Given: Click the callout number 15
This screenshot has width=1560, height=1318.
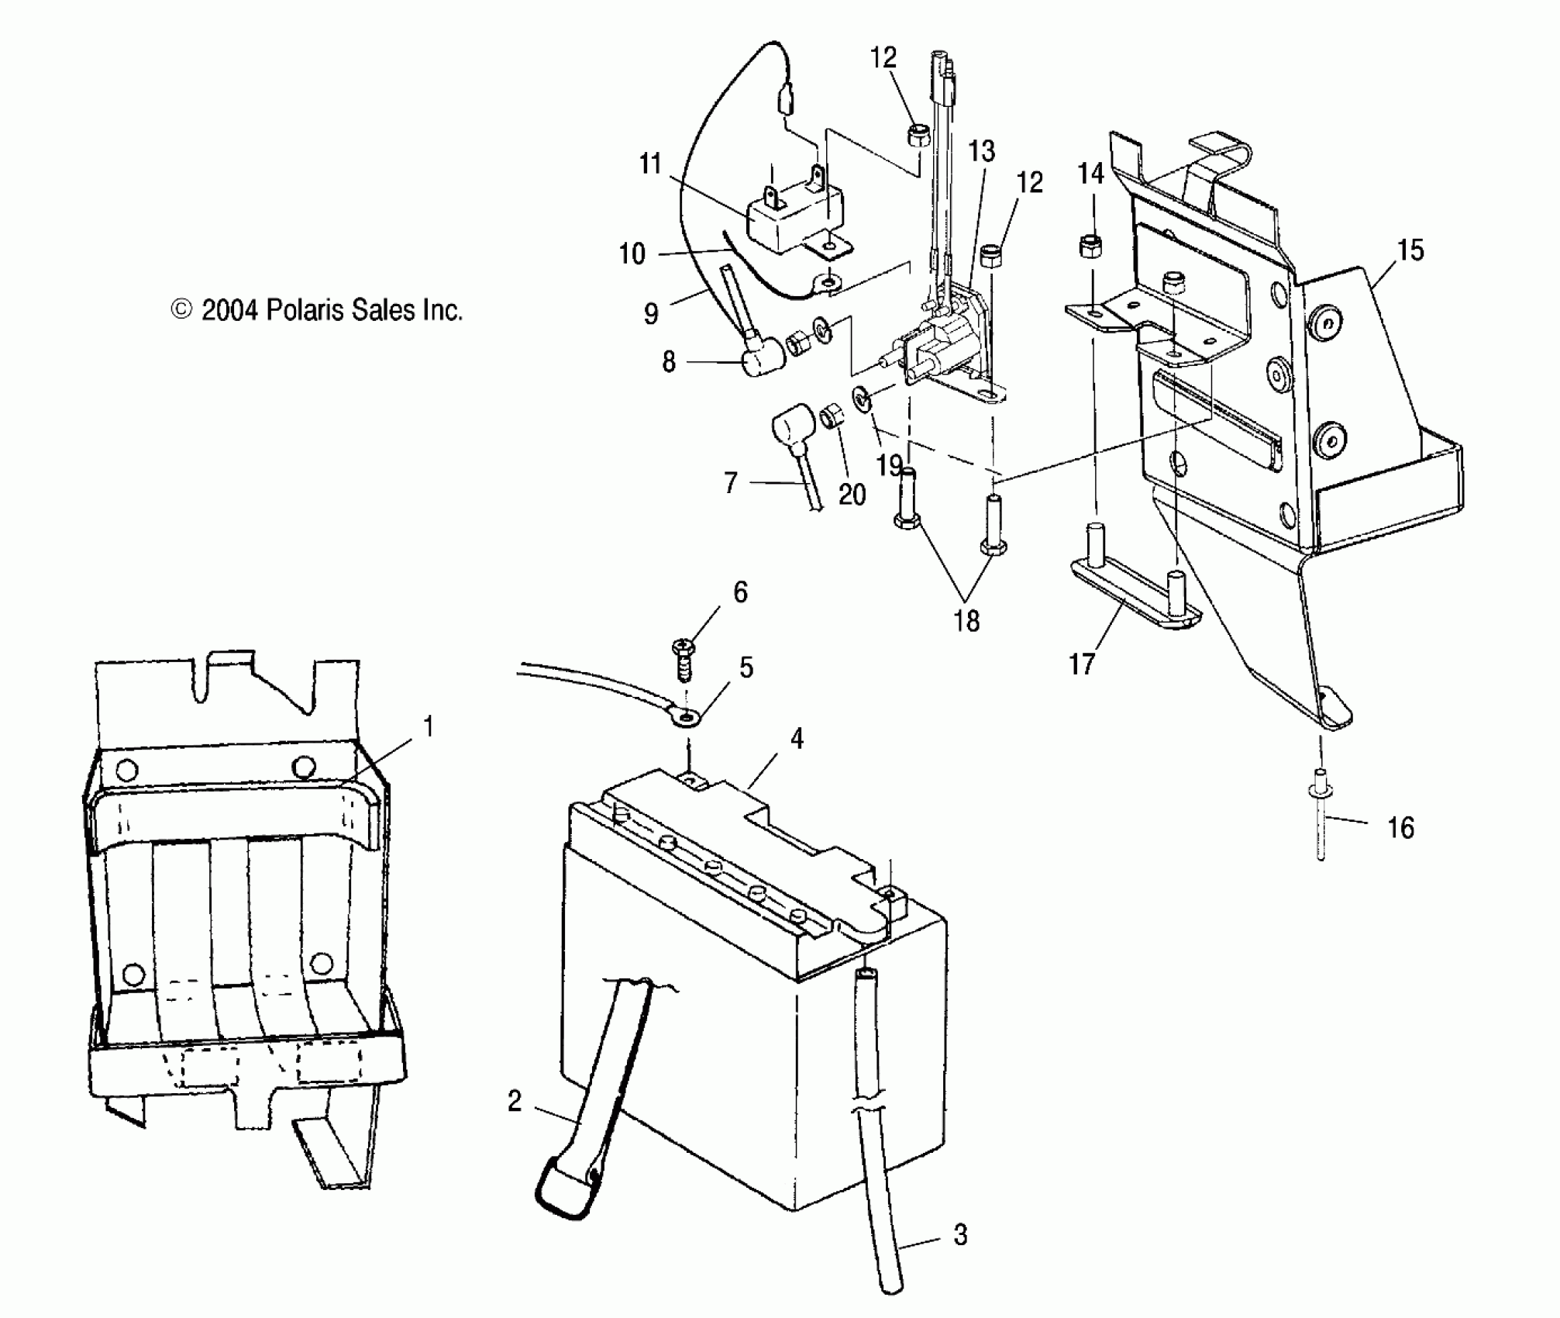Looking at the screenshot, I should [1410, 250].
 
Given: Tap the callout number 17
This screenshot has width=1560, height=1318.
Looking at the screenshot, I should [1082, 664].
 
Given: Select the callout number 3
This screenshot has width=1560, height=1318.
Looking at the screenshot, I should [960, 1234].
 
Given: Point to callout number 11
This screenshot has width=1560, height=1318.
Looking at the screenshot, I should [650, 164].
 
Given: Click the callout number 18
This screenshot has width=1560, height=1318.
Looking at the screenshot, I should [966, 620].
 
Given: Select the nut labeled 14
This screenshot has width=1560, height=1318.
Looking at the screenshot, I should [1091, 247].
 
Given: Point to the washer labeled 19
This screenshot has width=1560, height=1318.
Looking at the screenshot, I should [863, 399].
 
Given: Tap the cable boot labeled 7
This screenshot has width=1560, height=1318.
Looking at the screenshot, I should [790, 432].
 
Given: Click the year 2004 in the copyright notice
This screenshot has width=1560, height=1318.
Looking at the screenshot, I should [229, 310].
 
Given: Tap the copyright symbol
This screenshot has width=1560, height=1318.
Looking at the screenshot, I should [181, 309].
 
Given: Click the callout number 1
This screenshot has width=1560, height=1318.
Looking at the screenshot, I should [428, 727].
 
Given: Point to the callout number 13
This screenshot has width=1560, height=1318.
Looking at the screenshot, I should [981, 151].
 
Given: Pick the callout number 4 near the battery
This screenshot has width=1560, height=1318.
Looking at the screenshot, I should [797, 739].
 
